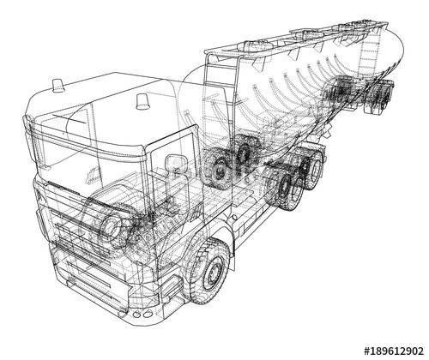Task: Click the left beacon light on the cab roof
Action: [57, 86]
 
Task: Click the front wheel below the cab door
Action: [208, 271]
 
